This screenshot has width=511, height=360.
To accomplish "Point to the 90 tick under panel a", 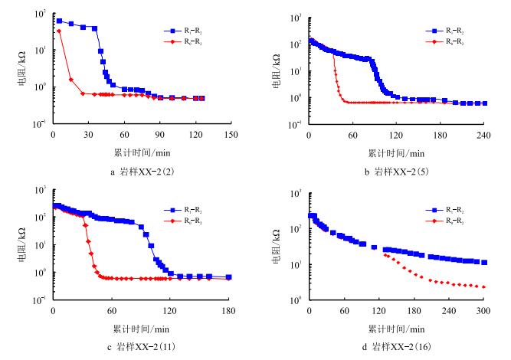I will click(x=159, y=133).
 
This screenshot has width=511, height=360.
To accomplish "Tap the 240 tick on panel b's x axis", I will click(x=485, y=135).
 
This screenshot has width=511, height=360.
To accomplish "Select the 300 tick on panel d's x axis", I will click(x=483, y=311).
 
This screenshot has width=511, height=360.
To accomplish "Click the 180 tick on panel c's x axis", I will click(x=228, y=311).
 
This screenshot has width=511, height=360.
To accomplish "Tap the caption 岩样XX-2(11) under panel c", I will click(x=142, y=348).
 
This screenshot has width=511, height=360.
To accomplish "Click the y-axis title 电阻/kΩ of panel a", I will click(x=23, y=67).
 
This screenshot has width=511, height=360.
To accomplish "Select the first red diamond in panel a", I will click(x=59, y=31).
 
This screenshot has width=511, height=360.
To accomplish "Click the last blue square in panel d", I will click(x=483, y=262).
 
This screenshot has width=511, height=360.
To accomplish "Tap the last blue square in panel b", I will click(x=484, y=103).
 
